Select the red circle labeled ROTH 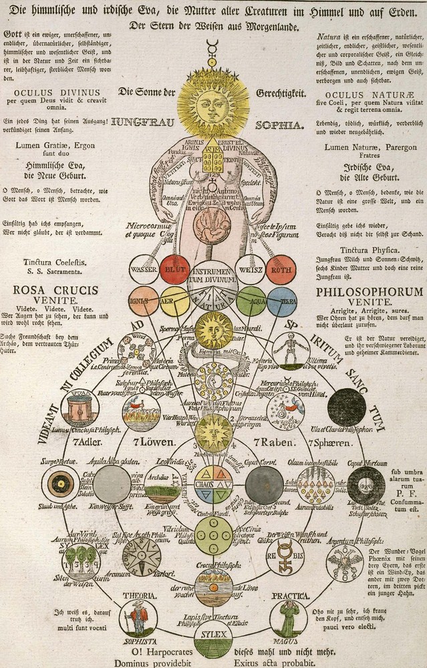pos(281,270)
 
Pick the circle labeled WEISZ pos(250,270)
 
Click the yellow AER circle pos(175,301)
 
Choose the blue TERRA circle pos(281,301)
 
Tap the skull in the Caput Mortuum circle pos(366,484)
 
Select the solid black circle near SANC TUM pos(347,407)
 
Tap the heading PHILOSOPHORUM pos(370,292)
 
